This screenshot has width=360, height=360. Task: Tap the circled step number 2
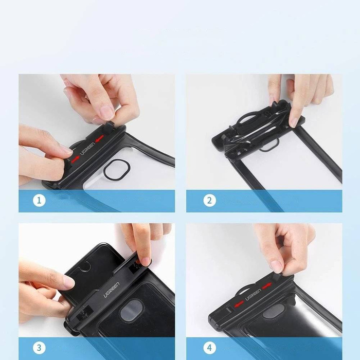[x=209, y=201]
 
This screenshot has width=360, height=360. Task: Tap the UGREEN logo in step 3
[x=116, y=281]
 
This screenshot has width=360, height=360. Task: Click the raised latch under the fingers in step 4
[x=278, y=277]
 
